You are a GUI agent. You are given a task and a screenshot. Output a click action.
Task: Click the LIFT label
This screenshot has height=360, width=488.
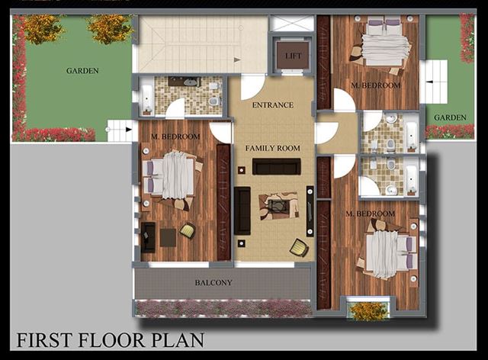click(294, 56)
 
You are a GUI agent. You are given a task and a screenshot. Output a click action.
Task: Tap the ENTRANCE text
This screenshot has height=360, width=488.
click(273, 105)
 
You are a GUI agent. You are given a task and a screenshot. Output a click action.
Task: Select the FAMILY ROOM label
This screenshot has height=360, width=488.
click(273, 148)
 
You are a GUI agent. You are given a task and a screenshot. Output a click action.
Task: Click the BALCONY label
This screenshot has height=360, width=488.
click(213, 283)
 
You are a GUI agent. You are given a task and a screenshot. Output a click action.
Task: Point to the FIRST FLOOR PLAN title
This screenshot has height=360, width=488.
click(111, 340)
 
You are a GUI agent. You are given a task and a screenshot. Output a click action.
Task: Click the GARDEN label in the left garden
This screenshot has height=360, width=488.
click(82, 71)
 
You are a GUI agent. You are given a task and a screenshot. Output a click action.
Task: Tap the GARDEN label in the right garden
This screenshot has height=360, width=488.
click(450, 117)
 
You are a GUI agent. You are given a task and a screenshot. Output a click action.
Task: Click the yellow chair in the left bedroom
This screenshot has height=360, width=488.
click(188, 231)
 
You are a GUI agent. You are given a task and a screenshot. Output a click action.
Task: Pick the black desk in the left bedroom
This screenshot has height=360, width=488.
click(148, 237)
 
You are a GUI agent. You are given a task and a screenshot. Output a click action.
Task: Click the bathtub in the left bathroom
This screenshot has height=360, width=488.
click(146, 97)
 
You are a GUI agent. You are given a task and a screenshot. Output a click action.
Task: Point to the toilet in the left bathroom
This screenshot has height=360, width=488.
click(214, 101)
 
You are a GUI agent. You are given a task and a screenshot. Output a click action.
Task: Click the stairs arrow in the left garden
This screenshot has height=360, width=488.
click(128, 130)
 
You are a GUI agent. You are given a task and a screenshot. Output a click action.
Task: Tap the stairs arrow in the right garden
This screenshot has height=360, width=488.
click(429, 82)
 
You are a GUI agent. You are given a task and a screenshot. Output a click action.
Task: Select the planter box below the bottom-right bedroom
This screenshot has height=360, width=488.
click(368, 310)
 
